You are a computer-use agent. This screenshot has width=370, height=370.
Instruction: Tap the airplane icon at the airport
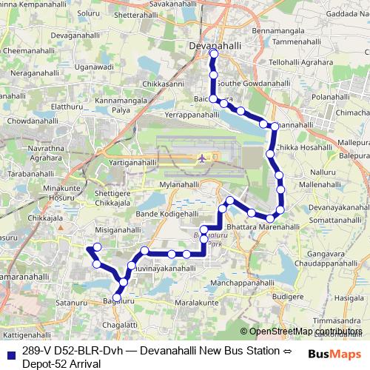(203, 158)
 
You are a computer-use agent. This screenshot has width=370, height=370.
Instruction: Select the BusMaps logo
(334, 354)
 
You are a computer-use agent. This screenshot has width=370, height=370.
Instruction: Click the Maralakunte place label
(197, 302)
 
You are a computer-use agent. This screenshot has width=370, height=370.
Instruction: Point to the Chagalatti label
(120, 325)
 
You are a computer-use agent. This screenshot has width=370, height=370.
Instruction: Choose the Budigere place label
(288, 296)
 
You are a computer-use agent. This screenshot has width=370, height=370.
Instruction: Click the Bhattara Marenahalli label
(262, 226)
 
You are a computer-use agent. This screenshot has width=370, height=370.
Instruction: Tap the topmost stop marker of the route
(214, 55)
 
